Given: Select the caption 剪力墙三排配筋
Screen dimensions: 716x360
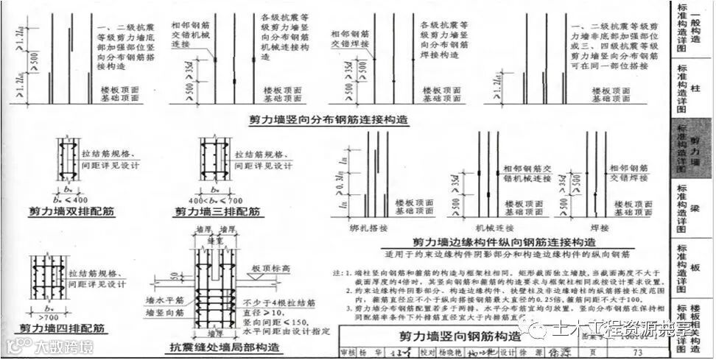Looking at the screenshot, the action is (x=217, y=212).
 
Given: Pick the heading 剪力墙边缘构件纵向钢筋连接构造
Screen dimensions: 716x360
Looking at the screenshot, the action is (x=503, y=241).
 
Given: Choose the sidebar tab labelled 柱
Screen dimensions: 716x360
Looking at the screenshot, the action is (x=692, y=87).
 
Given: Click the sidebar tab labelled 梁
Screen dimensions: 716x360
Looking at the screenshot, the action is (x=693, y=208).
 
